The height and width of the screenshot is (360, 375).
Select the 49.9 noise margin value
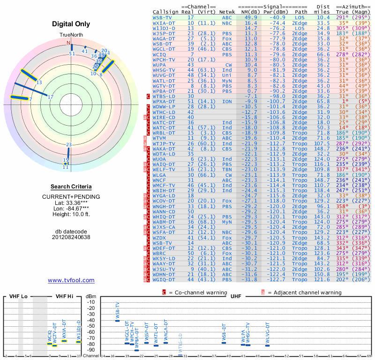(x=250, y=17)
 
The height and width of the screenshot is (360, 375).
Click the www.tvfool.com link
(x=71, y=280)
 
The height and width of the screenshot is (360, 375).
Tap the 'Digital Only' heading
(x=71, y=24)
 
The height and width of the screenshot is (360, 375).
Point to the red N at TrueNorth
(x=68, y=43)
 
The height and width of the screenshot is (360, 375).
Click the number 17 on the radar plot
(x=51, y=97)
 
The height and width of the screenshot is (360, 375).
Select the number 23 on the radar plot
(x=69, y=144)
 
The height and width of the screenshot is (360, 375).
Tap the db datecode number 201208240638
(x=71, y=237)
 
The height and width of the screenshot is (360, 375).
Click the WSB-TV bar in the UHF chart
(x=117, y=320)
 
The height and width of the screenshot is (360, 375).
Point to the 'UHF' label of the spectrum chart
(x=236, y=297)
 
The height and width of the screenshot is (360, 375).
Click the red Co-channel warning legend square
(x=165, y=292)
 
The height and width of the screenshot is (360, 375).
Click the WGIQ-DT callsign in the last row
(x=164, y=279)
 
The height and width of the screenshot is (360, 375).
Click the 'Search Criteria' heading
(x=71, y=187)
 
